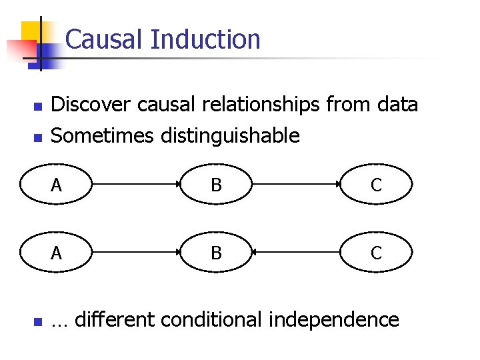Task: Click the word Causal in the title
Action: [x=105, y=39]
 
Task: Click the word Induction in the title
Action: [x=205, y=39]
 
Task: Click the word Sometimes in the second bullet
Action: [x=103, y=136]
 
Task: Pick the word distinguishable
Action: [x=230, y=136]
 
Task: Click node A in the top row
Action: [x=56, y=185]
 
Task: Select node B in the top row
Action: [x=216, y=185]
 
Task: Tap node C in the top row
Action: [x=377, y=185]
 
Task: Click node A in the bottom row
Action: [x=56, y=253]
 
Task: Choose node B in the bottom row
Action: [x=216, y=253]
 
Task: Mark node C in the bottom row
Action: [x=377, y=253]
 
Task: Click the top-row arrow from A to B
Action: [x=136, y=185]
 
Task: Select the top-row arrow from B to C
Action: [x=296, y=185]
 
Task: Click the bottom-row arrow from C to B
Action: [x=296, y=253]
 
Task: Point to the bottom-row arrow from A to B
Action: [x=136, y=253]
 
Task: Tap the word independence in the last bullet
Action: [x=333, y=320]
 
